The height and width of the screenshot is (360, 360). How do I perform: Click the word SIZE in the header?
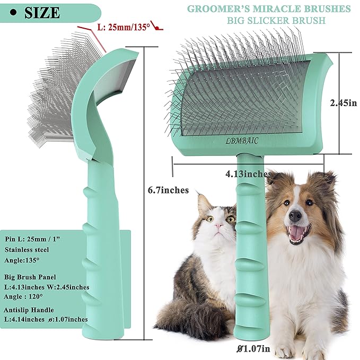42,13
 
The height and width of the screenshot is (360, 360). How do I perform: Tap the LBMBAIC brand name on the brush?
242,141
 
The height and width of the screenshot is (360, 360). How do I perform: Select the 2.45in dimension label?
344,103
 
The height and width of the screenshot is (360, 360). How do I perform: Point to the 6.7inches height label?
168,190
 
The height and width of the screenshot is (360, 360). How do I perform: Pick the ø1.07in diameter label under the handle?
253,349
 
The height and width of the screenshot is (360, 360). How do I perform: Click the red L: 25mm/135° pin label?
124,27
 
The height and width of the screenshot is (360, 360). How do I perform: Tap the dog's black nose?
295,215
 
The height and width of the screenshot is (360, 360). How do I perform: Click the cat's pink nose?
218,226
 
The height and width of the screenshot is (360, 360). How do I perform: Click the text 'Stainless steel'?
27,250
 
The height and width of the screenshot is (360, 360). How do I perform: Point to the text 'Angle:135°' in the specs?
22,260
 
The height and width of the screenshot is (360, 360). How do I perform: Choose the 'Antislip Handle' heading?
29,310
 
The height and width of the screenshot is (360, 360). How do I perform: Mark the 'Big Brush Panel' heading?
30,277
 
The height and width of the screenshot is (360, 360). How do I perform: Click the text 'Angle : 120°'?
23,296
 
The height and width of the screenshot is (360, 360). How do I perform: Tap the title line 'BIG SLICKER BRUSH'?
276,21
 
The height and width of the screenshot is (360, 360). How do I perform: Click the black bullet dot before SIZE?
14,13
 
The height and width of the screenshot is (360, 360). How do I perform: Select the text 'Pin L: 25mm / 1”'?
32,239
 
